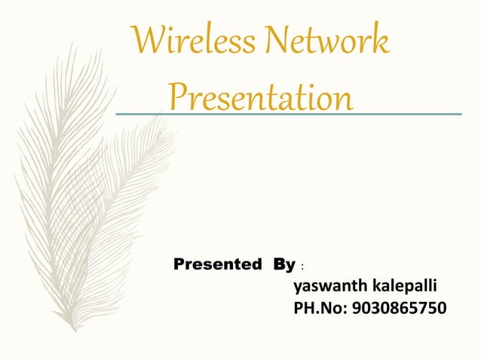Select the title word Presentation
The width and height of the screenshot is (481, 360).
point(260,98)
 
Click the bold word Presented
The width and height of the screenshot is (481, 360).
point(218,264)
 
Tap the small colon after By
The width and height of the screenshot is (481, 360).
point(303,267)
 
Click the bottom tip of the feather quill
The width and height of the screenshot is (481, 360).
point(73,330)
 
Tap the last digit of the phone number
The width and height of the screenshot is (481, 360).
point(440,308)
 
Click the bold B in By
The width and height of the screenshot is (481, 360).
point(280,264)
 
